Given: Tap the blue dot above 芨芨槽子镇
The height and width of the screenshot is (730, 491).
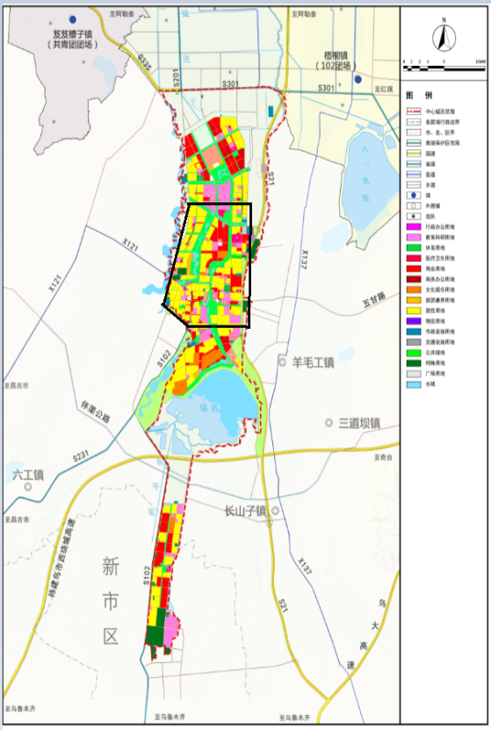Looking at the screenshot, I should [x=73, y=18].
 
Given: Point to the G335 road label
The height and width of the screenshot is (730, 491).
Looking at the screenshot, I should [x=145, y=61].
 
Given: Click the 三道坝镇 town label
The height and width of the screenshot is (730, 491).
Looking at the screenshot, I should [x=358, y=423].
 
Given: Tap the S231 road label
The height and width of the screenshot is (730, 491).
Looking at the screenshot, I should [x=82, y=456].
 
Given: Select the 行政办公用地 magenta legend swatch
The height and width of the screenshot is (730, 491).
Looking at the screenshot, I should [x=413, y=229].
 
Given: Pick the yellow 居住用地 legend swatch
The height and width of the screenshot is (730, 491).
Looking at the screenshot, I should [x=413, y=310].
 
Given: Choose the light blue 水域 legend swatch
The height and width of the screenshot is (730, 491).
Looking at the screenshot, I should [x=413, y=383].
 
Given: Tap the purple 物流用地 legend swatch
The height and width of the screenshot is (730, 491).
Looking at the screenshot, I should [x=413, y=321].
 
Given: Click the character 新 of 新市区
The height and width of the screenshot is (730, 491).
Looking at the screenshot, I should [x=109, y=567].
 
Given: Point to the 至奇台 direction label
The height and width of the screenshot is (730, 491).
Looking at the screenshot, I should [x=381, y=457].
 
